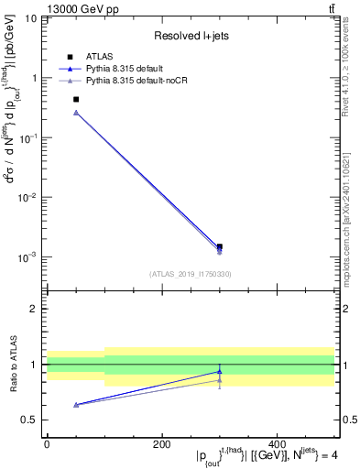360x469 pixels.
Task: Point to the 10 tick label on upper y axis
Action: click(x=30, y=18)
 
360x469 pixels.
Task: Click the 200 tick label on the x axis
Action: click(x=161, y=444)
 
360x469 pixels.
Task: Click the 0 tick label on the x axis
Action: click(x=47, y=444)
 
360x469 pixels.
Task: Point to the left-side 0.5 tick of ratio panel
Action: click(x=33, y=420)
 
